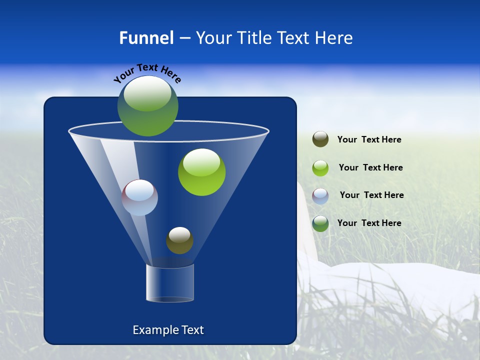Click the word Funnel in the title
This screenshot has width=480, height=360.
click(146, 38)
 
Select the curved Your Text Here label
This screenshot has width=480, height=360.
click(147, 73)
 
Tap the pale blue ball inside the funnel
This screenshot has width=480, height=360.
click(140, 198)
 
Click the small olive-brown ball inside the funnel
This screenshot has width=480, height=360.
click(179, 241)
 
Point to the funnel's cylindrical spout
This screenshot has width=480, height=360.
click(170, 283)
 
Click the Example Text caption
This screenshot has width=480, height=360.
click(168, 330)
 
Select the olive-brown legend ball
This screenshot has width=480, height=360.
click(320, 139)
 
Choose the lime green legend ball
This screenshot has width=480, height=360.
click(320, 167)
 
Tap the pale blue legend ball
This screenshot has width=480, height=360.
click(320, 195)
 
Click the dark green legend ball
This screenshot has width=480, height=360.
click(320, 223)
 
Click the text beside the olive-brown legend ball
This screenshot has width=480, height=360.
click(369, 140)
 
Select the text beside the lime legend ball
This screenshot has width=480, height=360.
click(370, 168)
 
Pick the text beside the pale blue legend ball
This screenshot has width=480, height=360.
click(371, 195)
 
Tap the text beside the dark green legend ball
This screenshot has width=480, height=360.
click(369, 223)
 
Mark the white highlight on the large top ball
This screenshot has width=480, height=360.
click(147, 93)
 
